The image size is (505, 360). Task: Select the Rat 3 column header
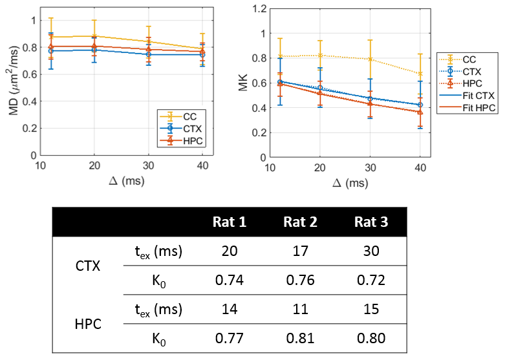(371, 222)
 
